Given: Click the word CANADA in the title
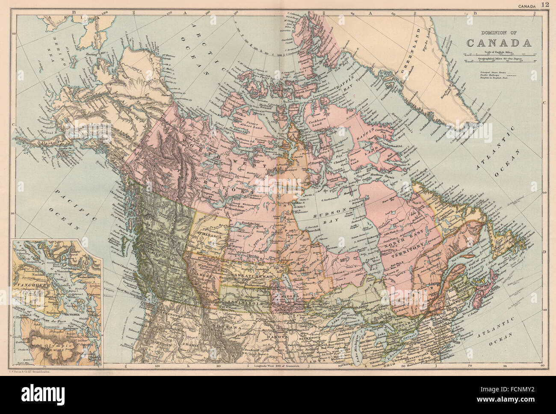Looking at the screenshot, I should click(x=499, y=43).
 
